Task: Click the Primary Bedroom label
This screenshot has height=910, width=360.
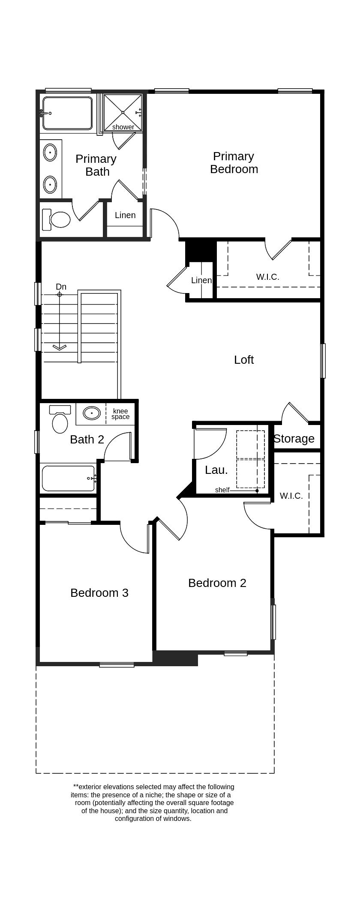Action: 234,163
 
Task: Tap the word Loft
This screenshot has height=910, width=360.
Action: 243,360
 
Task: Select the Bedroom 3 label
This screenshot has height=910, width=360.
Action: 99,593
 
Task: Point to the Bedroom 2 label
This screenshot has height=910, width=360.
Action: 217,583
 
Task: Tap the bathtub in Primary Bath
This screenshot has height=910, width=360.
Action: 67,114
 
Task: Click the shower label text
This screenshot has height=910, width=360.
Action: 123,127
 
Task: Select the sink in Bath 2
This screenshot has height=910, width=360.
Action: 92,413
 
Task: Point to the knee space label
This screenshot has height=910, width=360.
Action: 120,414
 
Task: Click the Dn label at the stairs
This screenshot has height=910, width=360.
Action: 61,287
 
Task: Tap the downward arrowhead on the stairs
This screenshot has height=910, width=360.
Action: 60,347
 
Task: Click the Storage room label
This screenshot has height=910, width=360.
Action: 294,439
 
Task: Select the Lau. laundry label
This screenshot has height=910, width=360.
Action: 216,470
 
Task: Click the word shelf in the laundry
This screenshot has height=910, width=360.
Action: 222,490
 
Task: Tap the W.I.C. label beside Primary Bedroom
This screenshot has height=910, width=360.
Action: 268,277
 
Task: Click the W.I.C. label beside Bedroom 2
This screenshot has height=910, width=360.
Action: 291,496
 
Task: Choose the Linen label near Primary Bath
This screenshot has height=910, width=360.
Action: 125,216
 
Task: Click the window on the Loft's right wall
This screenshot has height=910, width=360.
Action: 323,361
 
